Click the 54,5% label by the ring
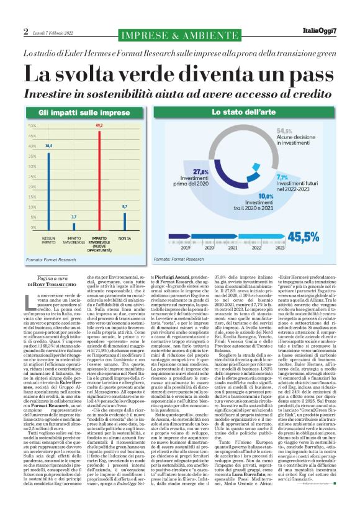pyautogui.click(x=284, y=131)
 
